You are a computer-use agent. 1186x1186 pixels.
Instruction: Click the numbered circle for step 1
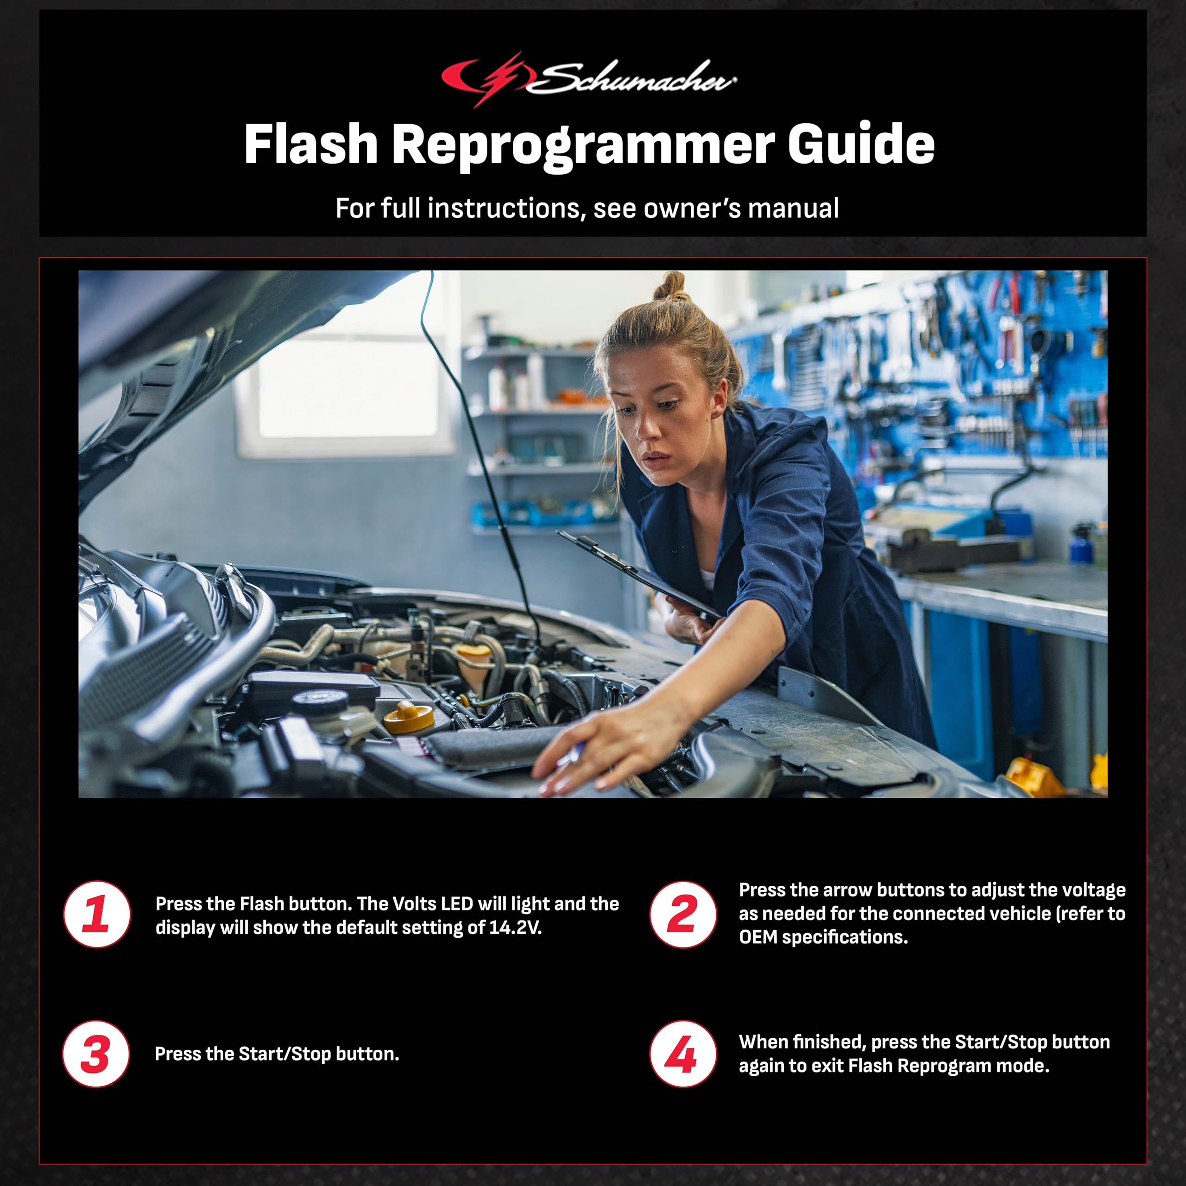click(x=97, y=915)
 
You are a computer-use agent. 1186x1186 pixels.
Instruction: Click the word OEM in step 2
click(x=758, y=937)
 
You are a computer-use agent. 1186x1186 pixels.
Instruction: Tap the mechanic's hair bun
click(x=673, y=286)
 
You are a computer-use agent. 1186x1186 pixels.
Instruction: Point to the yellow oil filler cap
click(x=408, y=716)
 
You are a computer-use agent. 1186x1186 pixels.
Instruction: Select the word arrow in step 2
click(x=847, y=889)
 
